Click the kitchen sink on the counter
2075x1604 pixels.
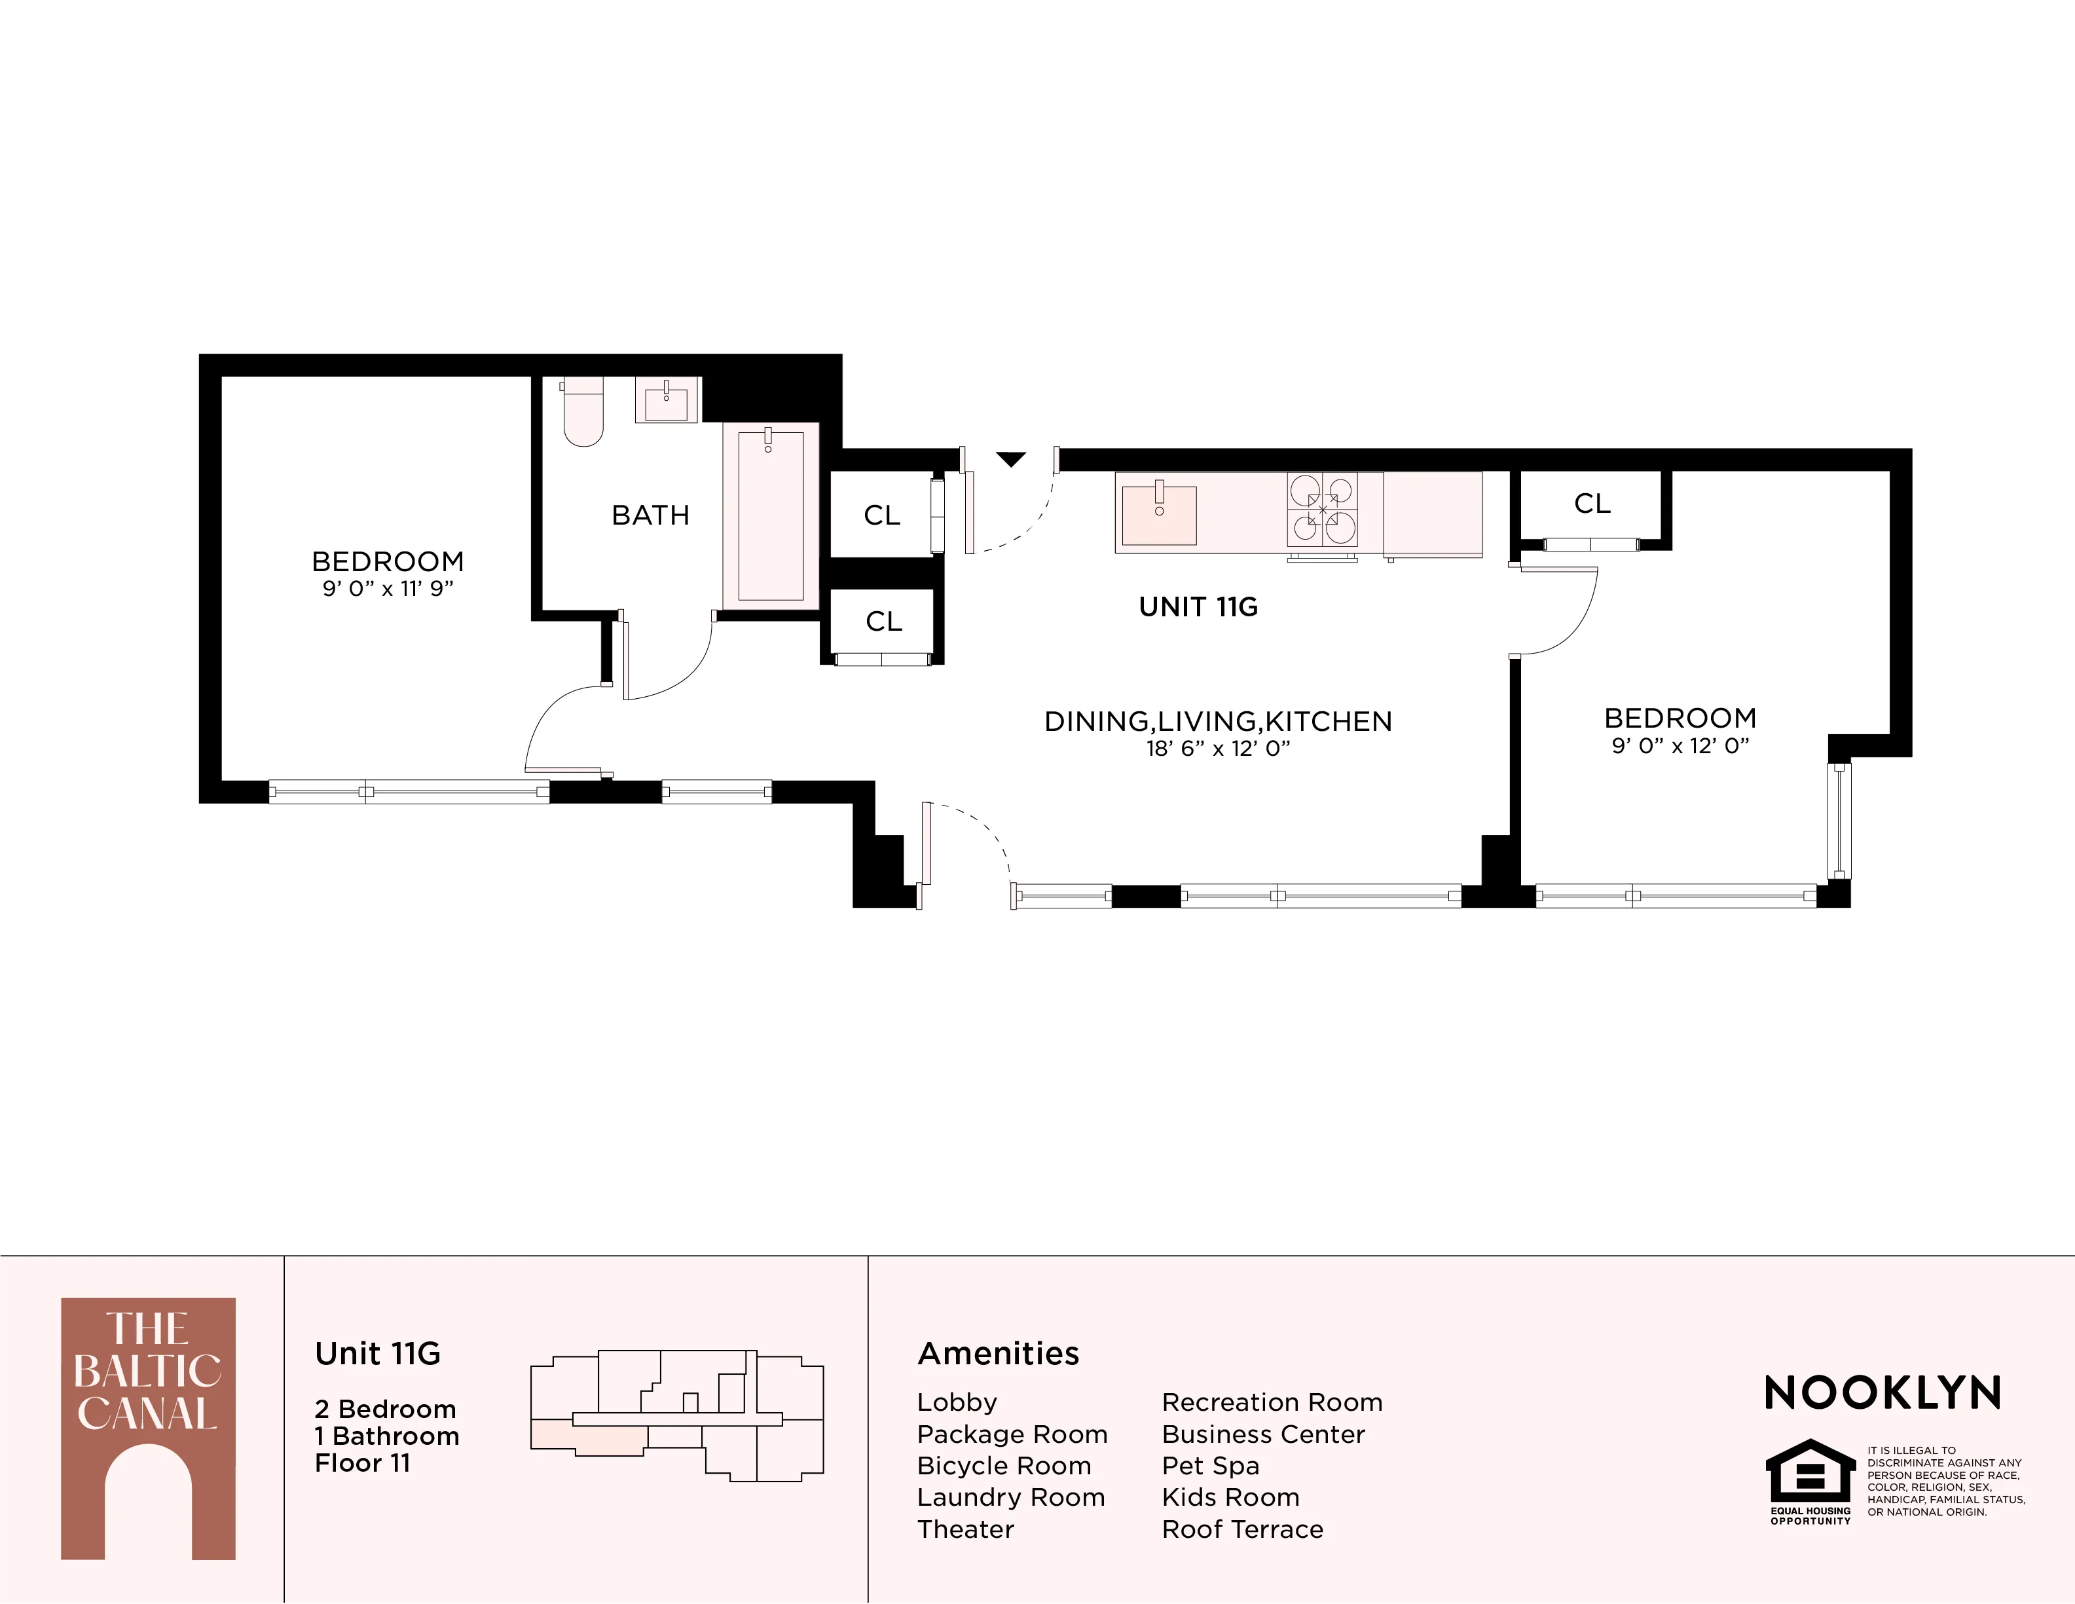pos(1158,515)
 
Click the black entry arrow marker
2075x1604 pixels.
pos(1011,460)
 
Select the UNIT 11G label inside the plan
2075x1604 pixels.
pos(1198,607)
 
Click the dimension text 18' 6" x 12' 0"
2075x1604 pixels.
pos(1218,749)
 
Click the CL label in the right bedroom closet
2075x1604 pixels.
pos(1592,504)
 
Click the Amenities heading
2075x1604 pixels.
pos(998,1353)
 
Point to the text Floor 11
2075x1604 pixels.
pos(362,1463)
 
